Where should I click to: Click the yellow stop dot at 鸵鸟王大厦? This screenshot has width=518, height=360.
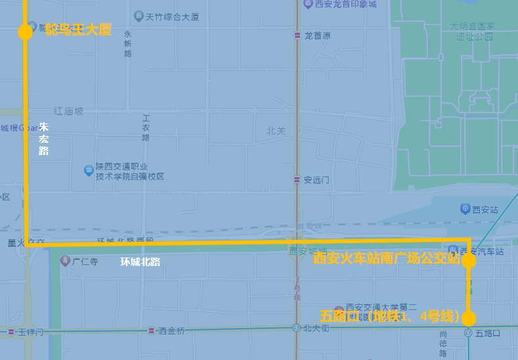point(25,32)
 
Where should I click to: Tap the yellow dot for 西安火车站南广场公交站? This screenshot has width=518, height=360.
point(469,261)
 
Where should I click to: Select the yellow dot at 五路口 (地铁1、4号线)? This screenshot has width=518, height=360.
point(469,319)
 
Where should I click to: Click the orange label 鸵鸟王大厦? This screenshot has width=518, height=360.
point(78,30)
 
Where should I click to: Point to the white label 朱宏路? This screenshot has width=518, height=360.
point(43,139)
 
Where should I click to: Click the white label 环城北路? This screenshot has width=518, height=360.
point(140,261)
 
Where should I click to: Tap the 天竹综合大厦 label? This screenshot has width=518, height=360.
point(172,16)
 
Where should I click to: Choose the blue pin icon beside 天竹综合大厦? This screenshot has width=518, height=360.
point(138,16)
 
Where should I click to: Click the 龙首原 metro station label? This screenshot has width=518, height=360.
point(317,35)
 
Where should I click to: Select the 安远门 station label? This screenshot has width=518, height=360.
point(316,179)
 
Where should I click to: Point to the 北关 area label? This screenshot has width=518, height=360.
point(276,131)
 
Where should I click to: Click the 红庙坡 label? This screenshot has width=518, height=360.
point(68,112)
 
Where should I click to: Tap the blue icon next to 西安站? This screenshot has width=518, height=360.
point(465,209)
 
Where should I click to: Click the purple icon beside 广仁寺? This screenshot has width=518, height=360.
point(65,261)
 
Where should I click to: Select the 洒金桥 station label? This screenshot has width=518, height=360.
point(171,331)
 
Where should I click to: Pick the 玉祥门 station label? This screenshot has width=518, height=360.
point(30,332)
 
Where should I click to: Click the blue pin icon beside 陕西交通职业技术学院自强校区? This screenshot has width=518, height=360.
point(89,171)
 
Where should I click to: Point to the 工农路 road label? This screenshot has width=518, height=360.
point(146,128)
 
